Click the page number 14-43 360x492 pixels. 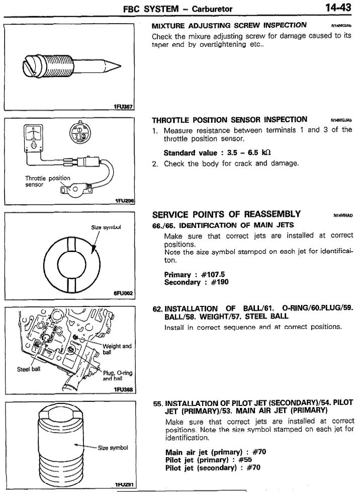(338, 8)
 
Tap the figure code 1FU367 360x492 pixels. (123, 107)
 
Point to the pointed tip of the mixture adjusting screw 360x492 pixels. (120, 66)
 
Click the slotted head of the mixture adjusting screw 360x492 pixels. (29, 66)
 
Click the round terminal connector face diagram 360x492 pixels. (79, 132)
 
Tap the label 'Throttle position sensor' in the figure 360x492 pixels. (48, 181)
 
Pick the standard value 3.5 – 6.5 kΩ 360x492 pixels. (249, 153)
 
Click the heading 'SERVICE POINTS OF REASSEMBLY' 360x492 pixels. (226, 214)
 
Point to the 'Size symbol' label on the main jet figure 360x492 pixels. (106, 227)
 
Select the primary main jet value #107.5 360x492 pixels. (213, 275)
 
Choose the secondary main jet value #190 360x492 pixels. (220, 282)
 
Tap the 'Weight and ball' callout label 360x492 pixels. (117, 349)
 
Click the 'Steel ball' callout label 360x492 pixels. (29, 369)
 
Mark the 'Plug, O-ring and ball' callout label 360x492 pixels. (118, 376)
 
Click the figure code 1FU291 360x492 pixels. (125, 485)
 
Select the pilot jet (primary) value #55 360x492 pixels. (245, 460)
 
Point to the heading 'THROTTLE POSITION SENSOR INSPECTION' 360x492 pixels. (230, 120)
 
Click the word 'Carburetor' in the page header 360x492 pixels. (212, 9)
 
